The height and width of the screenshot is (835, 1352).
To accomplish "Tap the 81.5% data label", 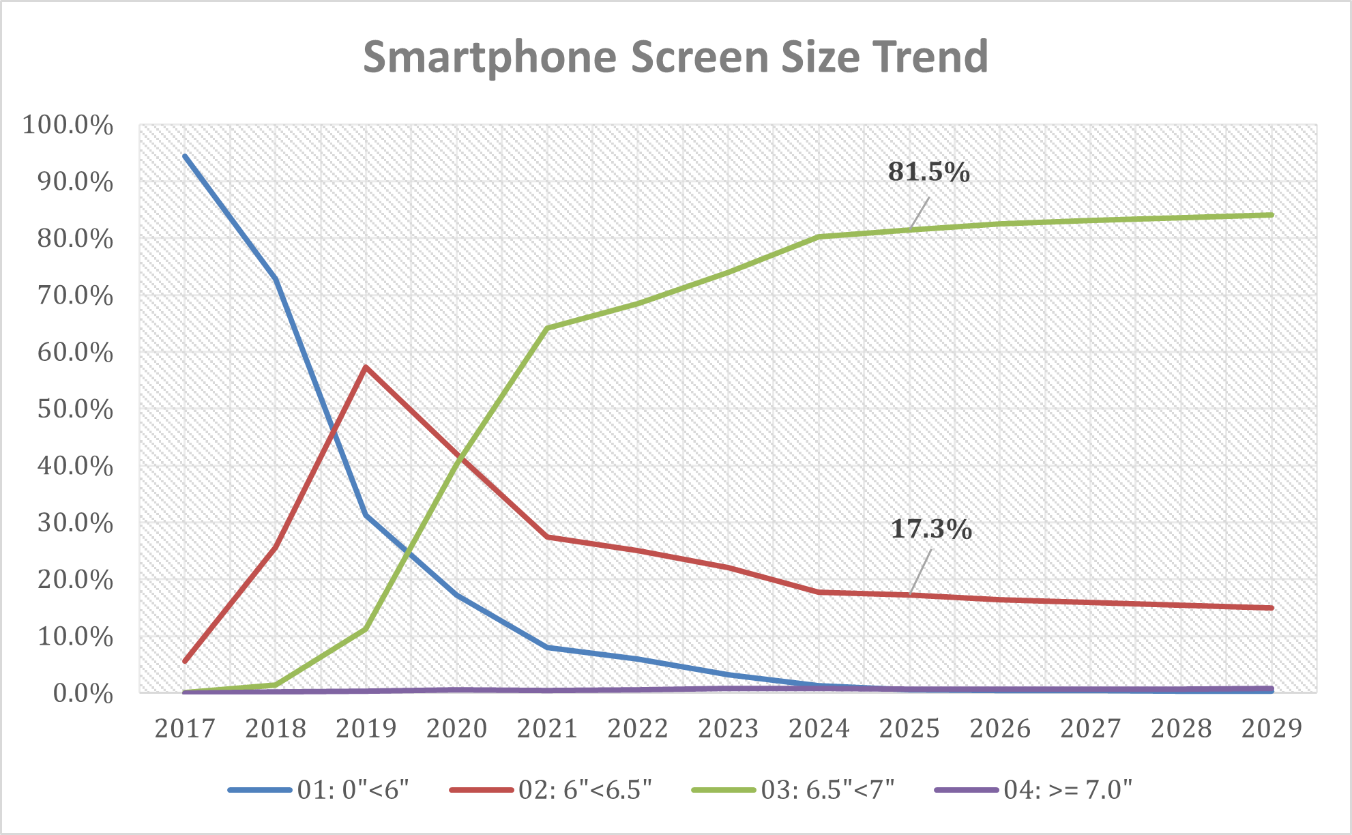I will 928,172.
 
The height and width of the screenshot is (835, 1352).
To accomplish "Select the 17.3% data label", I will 931,529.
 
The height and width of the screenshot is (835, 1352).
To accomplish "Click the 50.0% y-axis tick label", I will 68,409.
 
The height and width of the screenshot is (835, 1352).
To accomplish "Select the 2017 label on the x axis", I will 185,729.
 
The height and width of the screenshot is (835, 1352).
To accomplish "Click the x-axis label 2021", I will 547,729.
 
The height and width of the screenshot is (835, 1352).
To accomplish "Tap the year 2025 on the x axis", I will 909,729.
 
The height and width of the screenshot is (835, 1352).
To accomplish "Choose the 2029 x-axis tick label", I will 1272,729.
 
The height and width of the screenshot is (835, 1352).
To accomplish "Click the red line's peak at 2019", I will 366,367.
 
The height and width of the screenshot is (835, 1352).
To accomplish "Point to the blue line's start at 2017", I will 185,156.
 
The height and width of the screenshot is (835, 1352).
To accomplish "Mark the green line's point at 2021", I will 547,328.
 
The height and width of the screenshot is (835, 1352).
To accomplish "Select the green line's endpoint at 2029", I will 1272,215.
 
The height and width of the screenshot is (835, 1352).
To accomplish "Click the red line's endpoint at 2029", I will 1272,608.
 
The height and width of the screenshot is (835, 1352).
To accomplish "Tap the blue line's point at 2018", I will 276,278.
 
